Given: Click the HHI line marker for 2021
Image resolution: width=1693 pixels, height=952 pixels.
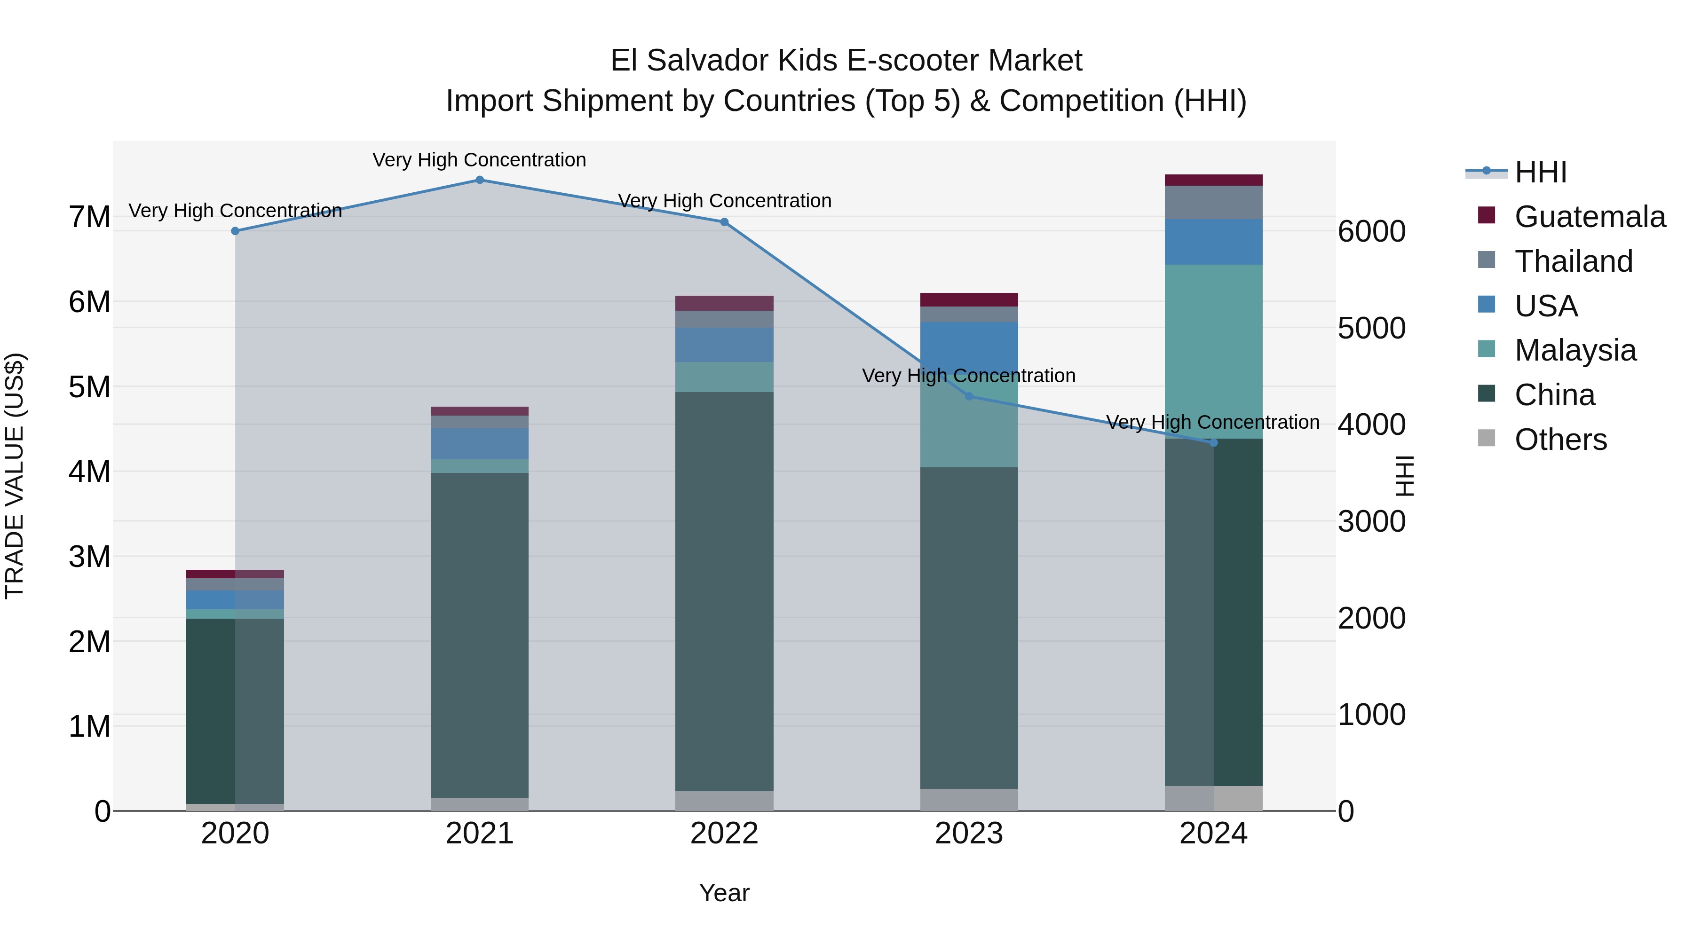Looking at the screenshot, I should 479,180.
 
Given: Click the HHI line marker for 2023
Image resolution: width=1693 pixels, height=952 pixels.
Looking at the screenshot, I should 969,396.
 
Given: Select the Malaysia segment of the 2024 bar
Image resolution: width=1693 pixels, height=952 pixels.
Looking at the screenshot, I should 1213,352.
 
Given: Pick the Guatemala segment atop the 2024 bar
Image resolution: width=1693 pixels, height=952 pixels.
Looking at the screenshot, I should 1213,180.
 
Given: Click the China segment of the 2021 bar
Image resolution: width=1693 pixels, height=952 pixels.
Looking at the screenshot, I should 479,634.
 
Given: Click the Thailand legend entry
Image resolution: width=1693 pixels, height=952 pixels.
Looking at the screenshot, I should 1574,261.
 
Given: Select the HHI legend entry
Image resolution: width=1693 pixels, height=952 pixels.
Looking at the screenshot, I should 1541,172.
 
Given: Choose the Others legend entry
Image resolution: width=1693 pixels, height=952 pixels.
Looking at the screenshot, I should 1560,440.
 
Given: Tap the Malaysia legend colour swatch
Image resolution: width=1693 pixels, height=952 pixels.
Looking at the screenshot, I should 1486,349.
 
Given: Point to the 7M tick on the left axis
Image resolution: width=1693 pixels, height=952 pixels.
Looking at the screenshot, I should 90,217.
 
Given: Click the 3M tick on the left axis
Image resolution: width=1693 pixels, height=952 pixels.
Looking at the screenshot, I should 90,557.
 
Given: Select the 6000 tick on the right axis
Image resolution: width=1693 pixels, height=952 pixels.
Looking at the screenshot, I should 1372,231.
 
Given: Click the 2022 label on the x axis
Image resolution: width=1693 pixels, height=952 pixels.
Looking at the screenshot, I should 724,834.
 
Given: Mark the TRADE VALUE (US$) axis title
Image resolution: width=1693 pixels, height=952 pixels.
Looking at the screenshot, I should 15,476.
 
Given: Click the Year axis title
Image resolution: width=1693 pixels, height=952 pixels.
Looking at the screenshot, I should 724,893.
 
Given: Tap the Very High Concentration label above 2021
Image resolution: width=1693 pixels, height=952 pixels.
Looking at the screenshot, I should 479,160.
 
